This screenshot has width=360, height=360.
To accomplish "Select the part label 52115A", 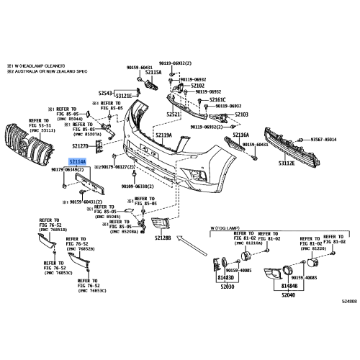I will (153, 73).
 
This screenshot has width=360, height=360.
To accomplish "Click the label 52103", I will (241, 114).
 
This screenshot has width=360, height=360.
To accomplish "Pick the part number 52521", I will (174, 114).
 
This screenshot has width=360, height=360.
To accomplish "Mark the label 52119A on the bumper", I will (164, 135).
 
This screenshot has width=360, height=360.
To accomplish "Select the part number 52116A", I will (240, 135).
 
